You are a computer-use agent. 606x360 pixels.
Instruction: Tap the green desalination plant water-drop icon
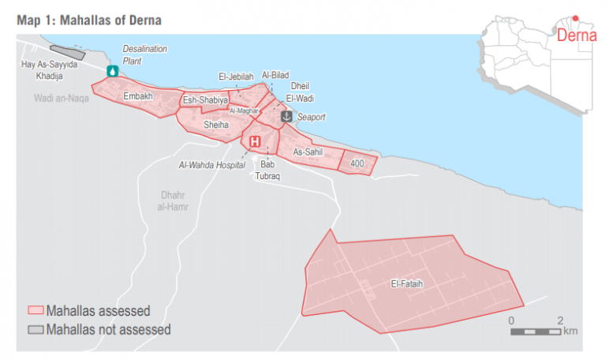tap(112, 71)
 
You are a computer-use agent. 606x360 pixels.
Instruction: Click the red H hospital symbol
tap(255, 142)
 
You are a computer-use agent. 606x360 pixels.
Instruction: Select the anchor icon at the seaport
tap(286, 116)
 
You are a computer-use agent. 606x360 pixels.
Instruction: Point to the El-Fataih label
tap(405, 283)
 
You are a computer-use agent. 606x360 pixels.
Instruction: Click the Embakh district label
tap(138, 96)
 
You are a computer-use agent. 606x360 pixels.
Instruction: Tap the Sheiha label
tap(215, 125)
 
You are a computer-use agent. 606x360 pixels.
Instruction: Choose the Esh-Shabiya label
tap(205, 100)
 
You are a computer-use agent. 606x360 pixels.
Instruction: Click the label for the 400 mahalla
tap(357, 163)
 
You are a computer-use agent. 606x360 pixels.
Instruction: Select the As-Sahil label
tap(309, 152)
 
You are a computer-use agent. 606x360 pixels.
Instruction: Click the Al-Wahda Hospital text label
tap(207, 165)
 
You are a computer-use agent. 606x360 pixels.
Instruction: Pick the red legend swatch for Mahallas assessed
tap(35, 310)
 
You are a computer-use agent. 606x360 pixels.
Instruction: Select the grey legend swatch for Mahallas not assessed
tap(35, 329)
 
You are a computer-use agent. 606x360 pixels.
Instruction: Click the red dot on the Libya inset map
tap(575, 18)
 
